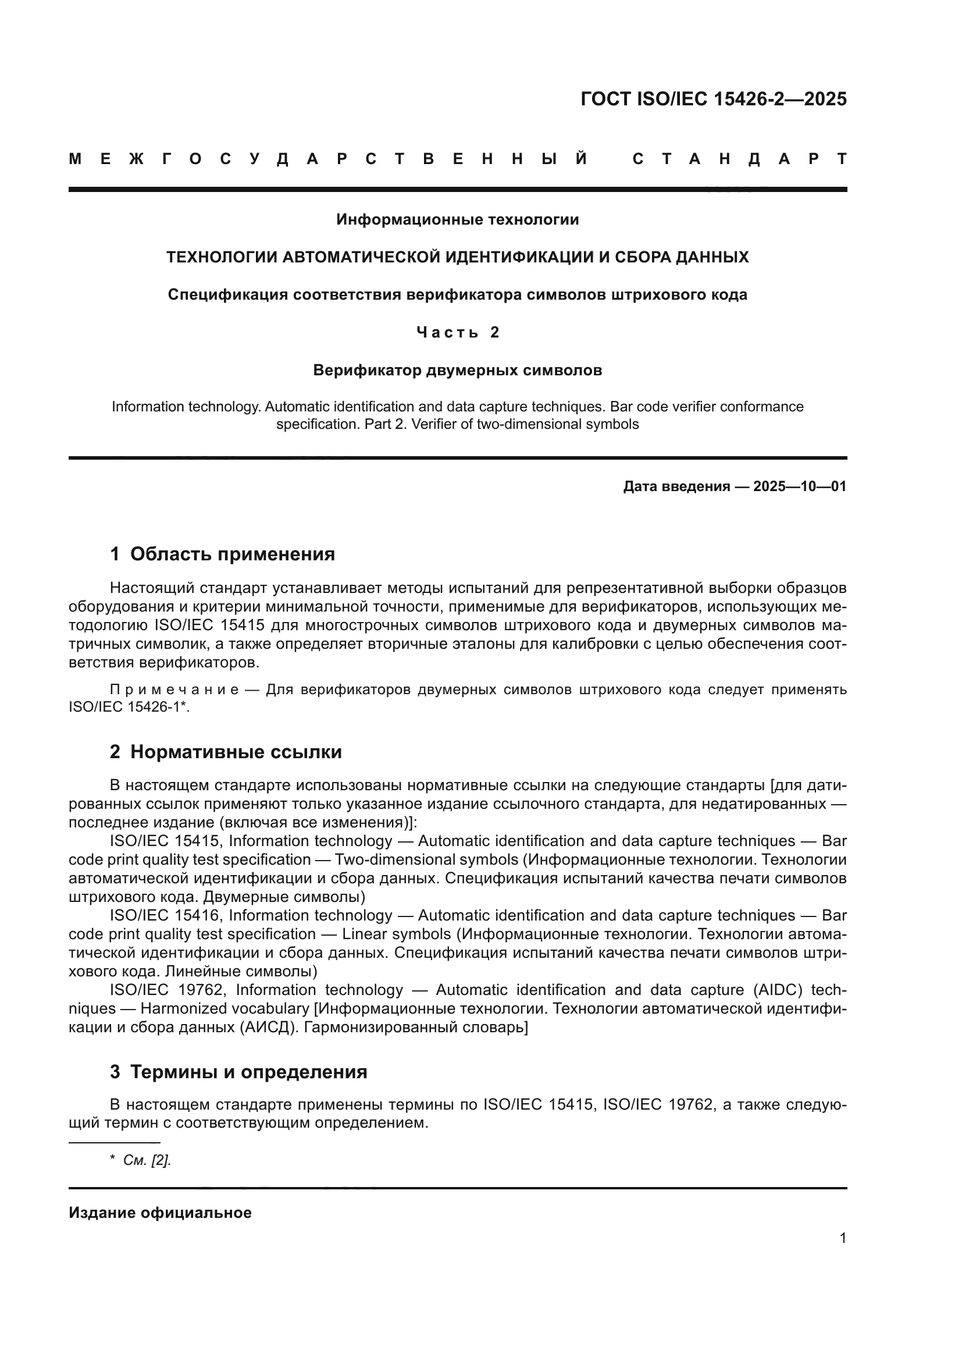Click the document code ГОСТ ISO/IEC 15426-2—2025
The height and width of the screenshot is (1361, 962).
click(x=713, y=99)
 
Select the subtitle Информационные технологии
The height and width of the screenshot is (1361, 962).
click(x=457, y=220)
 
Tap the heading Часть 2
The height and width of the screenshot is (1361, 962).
click(x=457, y=333)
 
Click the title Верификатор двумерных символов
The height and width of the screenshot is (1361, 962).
click(x=457, y=371)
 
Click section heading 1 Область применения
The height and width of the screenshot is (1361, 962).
click(x=222, y=555)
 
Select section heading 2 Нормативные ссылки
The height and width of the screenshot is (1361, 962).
click(x=226, y=752)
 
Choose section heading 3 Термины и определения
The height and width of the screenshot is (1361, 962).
click(x=238, y=1072)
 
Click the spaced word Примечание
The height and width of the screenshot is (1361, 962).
click(x=174, y=690)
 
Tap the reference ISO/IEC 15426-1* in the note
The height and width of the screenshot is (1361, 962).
click(x=129, y=707)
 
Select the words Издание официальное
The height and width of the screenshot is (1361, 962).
click(x=160, y=1213)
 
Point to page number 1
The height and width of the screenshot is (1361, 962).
click(x=842, y=1238)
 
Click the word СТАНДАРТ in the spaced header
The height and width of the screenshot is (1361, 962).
click(x=739, y=159)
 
